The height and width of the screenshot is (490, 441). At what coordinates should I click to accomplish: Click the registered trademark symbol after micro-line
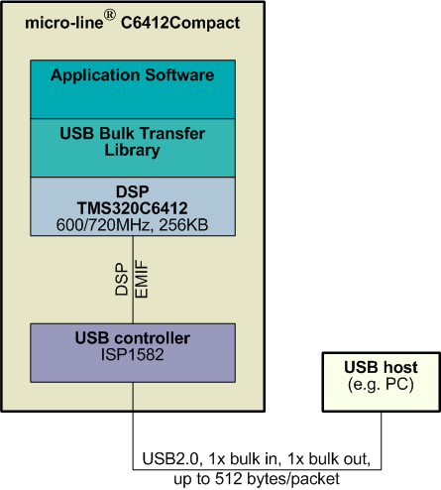pyautogui.click(x=110, y=15)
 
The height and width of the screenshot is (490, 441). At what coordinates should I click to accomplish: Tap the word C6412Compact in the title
pyautogui.click(x=180, y=23)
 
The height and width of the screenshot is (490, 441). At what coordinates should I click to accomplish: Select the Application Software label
pyautogui.click(x=133, y=75)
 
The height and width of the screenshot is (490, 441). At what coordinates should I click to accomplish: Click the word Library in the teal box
pyautogui.click(x=133, y=150)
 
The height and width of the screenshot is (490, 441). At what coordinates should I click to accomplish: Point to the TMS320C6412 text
pyautogui.click(x=133, y=208)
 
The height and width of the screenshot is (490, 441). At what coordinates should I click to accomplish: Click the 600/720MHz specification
pyautogui.click(x=104, y=225)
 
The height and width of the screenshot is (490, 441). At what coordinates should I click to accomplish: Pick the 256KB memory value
pyautogui.click(x=183, y=225)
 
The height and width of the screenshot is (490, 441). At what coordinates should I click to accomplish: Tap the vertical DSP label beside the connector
pyautogui.click(x=121, y=279)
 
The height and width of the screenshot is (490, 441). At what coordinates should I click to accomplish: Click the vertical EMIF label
pyautogui.click(x=142, y=280)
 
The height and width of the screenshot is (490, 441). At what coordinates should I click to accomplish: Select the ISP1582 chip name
pyautogui.click(x=133, y=355)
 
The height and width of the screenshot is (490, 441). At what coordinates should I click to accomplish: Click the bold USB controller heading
pyautogui.click(x=133, y=338)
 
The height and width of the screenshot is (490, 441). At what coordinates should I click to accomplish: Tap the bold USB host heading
pyautogui.click(x=381, y=367)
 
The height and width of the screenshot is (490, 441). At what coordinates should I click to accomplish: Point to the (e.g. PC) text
pyautogui.click(x=381, y=385)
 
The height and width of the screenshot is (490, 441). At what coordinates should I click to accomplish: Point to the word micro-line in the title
pyautogui.click(x=64, y=23)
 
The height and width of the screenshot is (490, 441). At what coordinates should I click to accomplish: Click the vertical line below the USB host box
pyautogui.click(x=382, y=440)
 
